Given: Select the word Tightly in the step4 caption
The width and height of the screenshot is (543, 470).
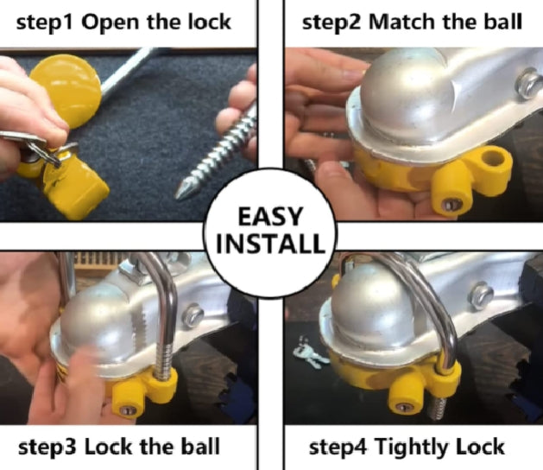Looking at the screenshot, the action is coord(413,448).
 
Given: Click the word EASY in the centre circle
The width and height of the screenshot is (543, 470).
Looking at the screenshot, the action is coord(269,216).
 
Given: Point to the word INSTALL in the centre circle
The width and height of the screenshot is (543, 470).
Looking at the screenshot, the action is coord(270,243).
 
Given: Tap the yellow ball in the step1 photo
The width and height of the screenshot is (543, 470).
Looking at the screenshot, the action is coord(66,91).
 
